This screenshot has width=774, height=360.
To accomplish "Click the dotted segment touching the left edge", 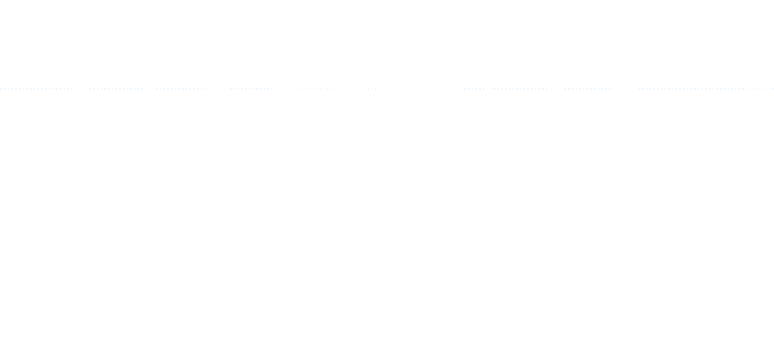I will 36,89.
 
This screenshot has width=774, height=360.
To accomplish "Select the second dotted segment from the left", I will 116,89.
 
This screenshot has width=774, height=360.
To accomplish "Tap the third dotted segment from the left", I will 181,89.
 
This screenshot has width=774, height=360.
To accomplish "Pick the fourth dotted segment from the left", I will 250,89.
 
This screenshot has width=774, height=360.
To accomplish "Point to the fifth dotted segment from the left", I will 316,89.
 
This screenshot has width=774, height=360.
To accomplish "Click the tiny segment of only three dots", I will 372,89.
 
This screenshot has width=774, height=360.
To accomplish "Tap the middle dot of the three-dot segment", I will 372,89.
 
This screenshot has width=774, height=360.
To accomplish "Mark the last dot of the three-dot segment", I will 376,89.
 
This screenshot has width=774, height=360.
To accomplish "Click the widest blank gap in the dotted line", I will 420,89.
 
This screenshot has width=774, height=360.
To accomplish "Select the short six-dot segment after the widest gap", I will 474,89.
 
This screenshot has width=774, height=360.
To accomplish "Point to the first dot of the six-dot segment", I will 465,89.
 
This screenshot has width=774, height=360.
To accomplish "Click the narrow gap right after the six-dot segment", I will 488,89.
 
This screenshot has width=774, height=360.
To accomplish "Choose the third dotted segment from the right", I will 520,89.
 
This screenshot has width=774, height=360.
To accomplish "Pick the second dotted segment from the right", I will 589,89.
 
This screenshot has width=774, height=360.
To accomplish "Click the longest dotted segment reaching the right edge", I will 706,89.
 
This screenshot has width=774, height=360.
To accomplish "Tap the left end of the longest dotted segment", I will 639,89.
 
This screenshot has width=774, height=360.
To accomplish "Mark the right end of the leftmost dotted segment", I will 72,89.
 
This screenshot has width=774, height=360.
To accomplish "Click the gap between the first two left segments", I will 81,89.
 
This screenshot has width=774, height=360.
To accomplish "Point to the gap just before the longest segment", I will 626,89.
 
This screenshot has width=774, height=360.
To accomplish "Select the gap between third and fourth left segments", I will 218,89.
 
